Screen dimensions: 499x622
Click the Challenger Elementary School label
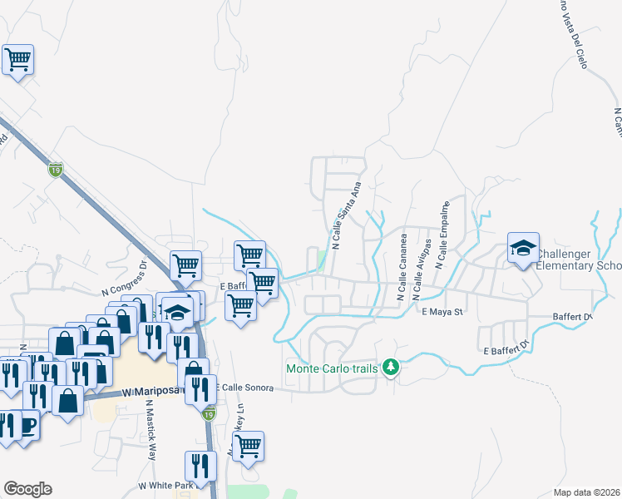click(x=579, y=259)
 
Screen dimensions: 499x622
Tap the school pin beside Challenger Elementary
click(x=524, y=248)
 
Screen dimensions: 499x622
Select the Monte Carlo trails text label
click(x=332, y=368)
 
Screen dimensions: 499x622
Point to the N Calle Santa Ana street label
click(x=347, y=215)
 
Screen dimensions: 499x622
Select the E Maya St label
click(x=441, y=313)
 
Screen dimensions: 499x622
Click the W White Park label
click(x=165, y=485)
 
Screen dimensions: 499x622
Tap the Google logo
click(x=27, y=488)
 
